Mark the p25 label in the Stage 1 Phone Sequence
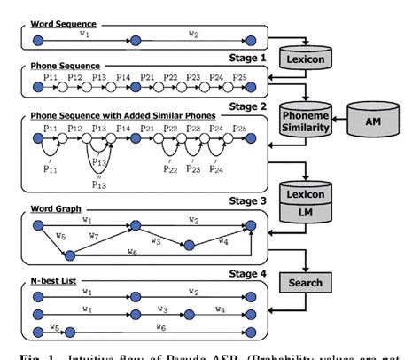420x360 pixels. coord(239,79)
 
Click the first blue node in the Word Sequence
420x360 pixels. coord(36,41)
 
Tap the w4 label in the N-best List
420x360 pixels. coord(221,309)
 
